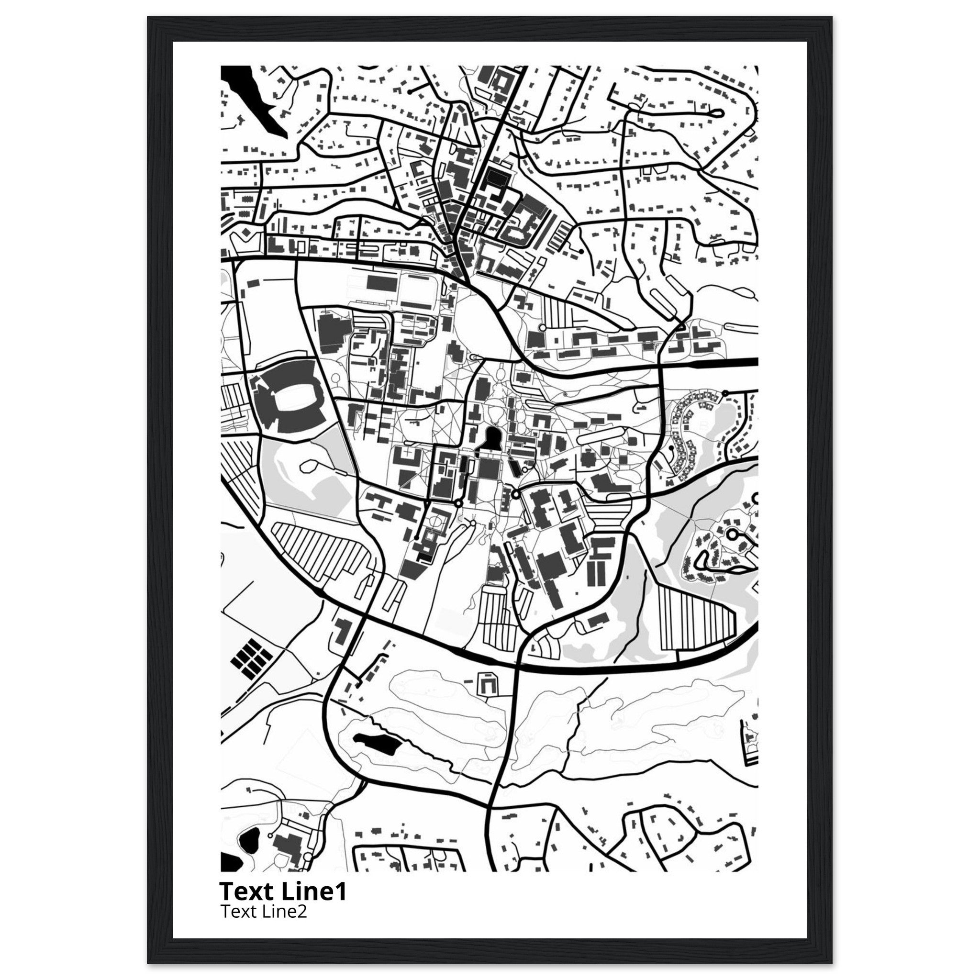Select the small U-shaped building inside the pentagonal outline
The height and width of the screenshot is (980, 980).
coord(488,685)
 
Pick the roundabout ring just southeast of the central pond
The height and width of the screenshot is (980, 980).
coord(516,493)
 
